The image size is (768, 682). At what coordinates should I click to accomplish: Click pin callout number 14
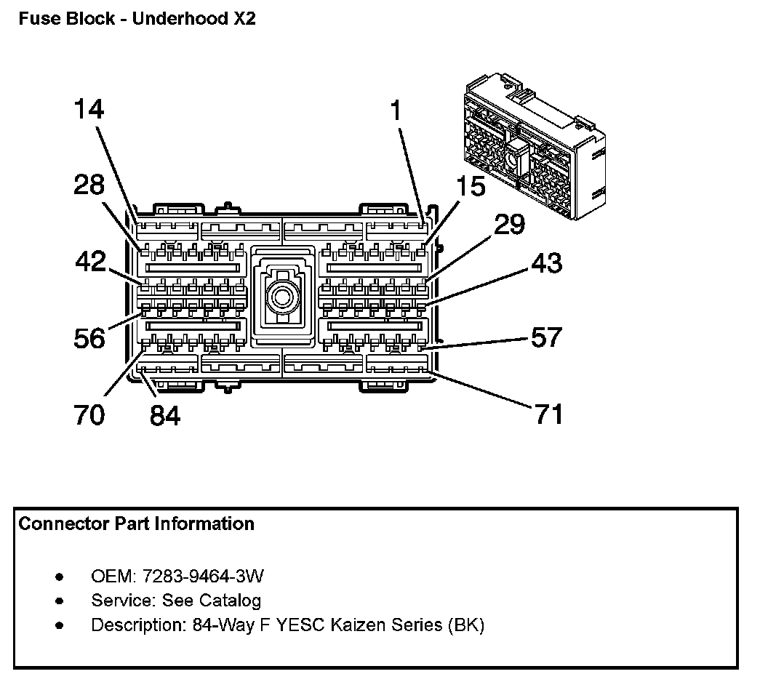pos(89,109)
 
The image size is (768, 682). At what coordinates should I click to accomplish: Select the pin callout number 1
pos(396,111)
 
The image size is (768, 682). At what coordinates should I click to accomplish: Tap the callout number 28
pos(89,185)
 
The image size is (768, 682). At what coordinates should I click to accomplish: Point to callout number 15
pos(471,187)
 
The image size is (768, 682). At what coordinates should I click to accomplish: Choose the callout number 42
pos(91,261)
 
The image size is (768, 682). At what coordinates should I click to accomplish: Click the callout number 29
pos(509,224)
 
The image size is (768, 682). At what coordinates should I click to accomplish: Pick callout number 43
pos(547,263)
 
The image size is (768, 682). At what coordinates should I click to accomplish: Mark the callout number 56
pos(89,338)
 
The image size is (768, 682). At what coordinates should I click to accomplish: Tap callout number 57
pos(547,337)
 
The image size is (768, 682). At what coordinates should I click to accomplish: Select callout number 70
pos(89,414)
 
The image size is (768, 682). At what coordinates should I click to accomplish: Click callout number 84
pos(165,416)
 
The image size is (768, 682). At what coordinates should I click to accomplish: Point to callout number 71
pos(548,414)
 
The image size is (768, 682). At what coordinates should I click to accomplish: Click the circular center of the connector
pos(281,297)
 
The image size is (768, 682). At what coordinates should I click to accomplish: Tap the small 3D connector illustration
pos(535,146)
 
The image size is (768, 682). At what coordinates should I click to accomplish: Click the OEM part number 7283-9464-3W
pos(203,576)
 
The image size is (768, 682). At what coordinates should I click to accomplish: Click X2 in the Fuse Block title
pos(244,19)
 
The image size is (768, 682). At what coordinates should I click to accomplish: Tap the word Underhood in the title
pos(180,19)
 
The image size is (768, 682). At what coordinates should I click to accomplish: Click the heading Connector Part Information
pos(136,524)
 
